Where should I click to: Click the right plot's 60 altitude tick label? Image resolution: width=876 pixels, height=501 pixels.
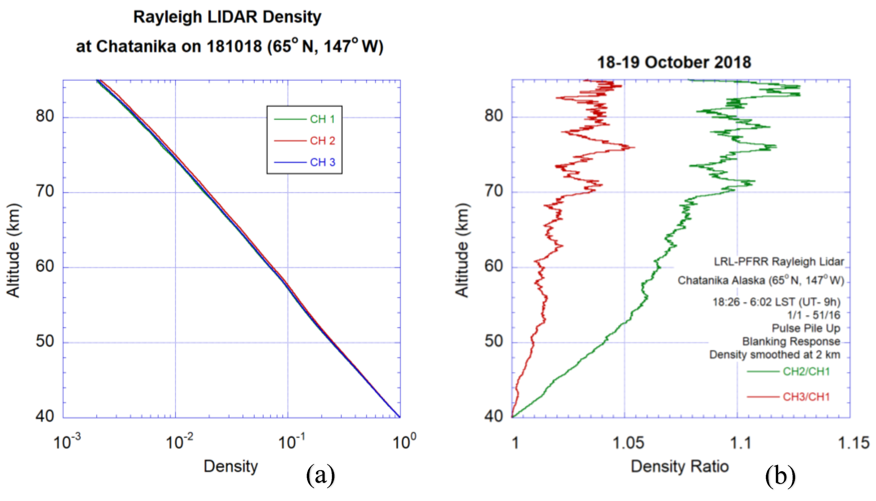[494, 266]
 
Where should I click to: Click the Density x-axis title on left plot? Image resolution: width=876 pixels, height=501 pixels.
[230, 467]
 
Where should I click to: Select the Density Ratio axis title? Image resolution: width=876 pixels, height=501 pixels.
[680, 467]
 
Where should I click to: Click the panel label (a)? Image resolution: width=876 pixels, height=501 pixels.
[320, 476]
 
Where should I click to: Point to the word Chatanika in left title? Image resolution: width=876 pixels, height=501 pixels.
[136, 47]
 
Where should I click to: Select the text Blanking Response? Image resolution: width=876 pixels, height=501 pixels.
[791, 341]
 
